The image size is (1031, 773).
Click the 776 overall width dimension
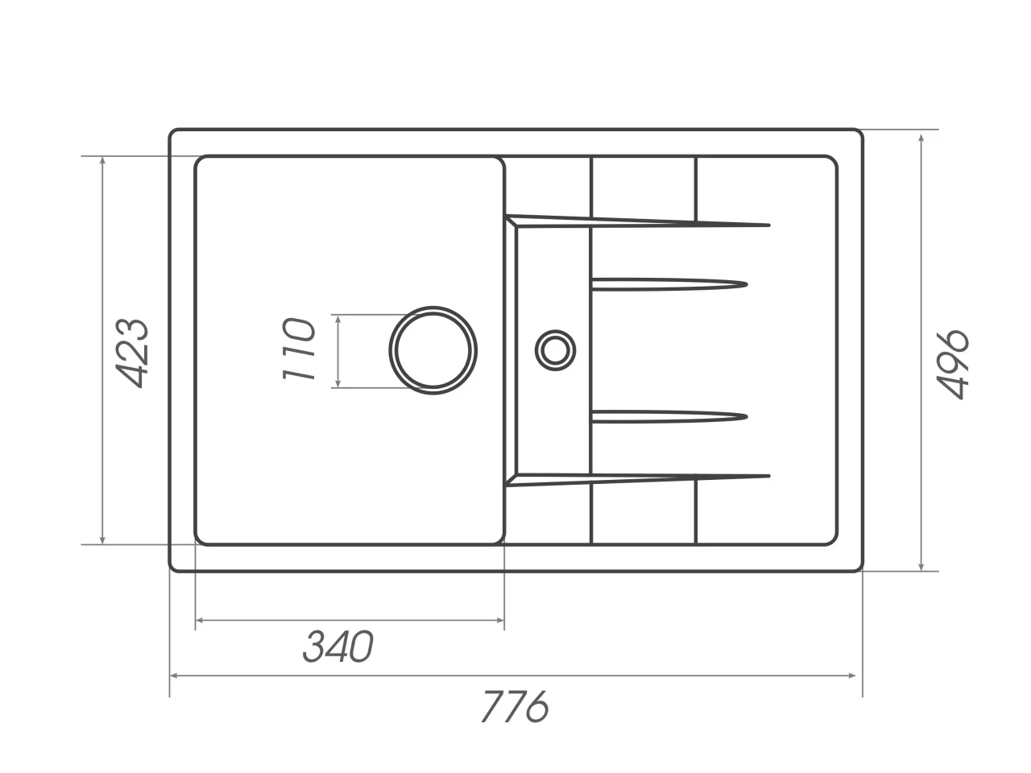coord(515,707)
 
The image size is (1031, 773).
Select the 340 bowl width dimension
coord(338,647)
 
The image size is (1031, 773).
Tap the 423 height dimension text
coord(131,352)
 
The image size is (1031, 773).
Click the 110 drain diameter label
coord(297,349)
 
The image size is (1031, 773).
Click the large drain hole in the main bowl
coord(433,350)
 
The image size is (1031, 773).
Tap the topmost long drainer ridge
coord(644,221)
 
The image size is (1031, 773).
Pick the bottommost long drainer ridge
coord(644,478)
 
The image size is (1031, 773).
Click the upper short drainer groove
coord(669,283)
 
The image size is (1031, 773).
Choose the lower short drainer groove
coord(669,415)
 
